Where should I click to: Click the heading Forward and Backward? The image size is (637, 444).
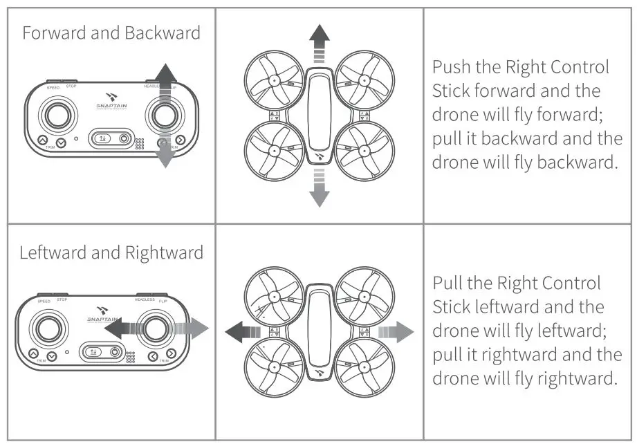pyautogui.click(x=111, y=33)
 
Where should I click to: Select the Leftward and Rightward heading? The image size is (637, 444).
pyautogui.click(x=111, y=252)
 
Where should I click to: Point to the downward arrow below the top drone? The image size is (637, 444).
pyautogui.click(x=319, y=189)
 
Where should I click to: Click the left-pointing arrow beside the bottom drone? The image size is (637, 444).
pyautogui.click(x=242, y=332)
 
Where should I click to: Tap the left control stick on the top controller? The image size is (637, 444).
pyautogui.click(x=55, y=115)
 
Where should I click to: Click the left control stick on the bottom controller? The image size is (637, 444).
pyautogui.click(x=48, y=329)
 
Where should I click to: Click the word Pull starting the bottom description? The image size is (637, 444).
pyautogui.click(x=447, y=283)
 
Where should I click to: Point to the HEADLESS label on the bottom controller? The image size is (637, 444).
pyautogui.click(x=145, y=300)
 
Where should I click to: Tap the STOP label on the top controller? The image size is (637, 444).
pyautogui.click(x=71, y=86)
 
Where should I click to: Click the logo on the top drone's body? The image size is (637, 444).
pyautogui.click(x=319, y=157)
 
